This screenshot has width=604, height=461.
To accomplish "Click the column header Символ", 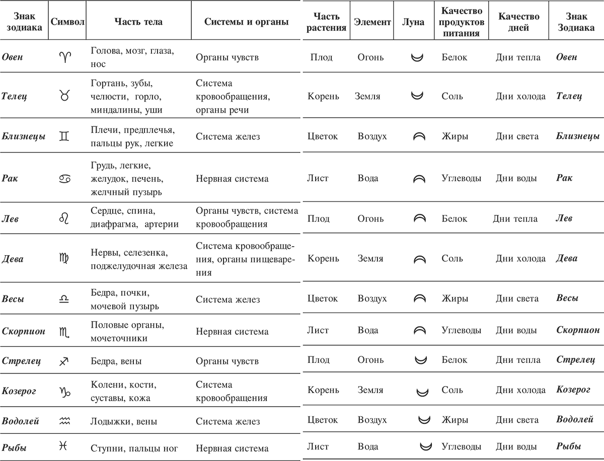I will coord(67,23).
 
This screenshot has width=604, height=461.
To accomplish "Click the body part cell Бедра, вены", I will coord(116,361).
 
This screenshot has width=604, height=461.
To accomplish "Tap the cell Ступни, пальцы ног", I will coord(134,448).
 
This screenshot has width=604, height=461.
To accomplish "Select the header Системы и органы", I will coord(247,23).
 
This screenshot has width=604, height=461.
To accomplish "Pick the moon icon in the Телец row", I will coord(416,96).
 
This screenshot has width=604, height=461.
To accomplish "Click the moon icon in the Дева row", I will coord(419,259).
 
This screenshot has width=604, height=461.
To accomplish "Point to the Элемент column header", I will coord(372,23).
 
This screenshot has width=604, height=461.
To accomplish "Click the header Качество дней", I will coord(519,23).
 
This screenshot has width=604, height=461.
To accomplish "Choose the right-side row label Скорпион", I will coord(578,330).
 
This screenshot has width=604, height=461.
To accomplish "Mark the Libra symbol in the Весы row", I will coord(64,299).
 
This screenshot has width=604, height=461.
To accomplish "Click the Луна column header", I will coord(414,23).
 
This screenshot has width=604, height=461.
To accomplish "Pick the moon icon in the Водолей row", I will coord(425,419).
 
